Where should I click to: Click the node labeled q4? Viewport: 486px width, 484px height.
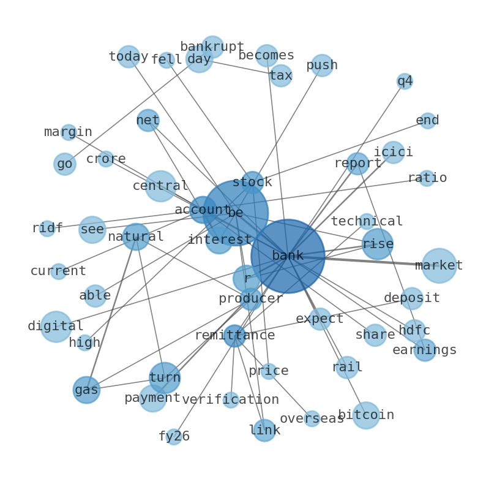tap(405, 81)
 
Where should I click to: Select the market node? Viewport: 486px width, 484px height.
tap(439, 265)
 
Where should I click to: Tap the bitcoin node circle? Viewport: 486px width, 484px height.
tap(366, 415)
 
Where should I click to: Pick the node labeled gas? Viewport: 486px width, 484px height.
tap(86, 390)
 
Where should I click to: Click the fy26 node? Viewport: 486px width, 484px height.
tap(174, 437)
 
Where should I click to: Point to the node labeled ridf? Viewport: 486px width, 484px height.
tap(47, 229)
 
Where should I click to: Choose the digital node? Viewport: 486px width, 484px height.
tap(56, 327)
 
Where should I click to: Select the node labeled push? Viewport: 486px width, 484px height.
tap(322, 65)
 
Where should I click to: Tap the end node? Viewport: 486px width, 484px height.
tap(428, 120)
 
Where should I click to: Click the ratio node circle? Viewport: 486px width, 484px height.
tap(427, 178)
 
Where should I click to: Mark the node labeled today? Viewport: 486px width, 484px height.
tap(129, 56)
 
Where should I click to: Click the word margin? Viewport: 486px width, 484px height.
tap(68, 132)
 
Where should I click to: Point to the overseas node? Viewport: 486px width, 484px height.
tap(312, 418)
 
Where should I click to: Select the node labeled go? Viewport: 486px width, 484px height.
tap(65, 164)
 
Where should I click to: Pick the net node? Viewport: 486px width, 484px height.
tap(148, 120)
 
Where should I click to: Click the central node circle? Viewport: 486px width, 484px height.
tap(160, 186)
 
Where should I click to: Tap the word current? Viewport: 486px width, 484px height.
tap(58, 271)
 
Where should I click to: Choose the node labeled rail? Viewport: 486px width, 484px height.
tap(347, 368)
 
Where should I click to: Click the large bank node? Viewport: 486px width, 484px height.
tap(288, 256)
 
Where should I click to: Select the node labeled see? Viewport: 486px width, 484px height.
tap(92, 230)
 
